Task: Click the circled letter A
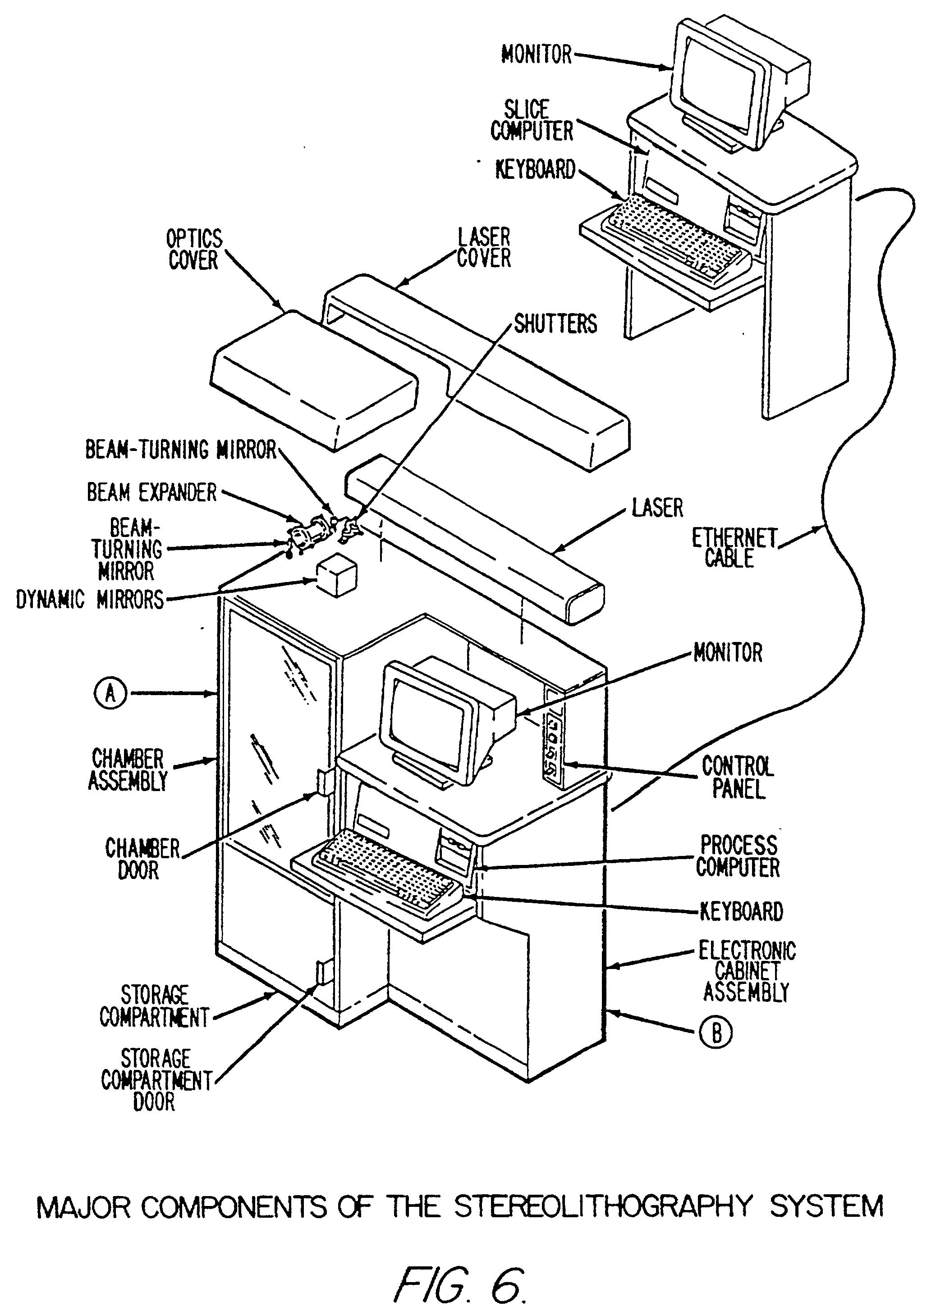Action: pos(110,693)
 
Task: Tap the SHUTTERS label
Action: pos(555,323)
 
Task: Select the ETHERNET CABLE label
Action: pos(734,547)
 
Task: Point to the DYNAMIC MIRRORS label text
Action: pos(90,600)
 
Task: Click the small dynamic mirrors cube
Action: pos(336,576)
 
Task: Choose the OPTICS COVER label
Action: pos(194,249)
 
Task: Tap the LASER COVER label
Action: pos(484,248)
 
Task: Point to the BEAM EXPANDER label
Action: pos(151,492)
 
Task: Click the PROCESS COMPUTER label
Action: pos(738,856)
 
